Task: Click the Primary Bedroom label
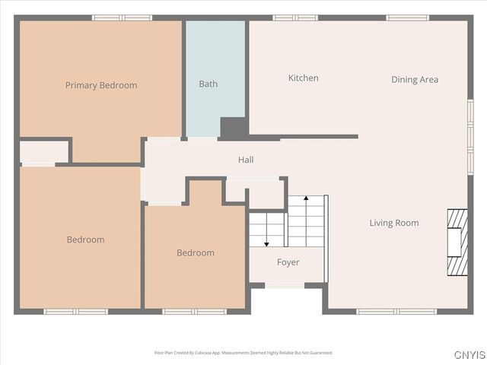(x=101, y=85)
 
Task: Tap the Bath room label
(x=208, y=84)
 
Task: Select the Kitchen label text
(x=303, y=78)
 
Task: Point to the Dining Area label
(x=415, y=79)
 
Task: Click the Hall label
(x=246, y=160)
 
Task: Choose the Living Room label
(x=394, y=223)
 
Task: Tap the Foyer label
(x=288, y=262)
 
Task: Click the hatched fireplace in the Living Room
(x=457, y=242)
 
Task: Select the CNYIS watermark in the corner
(x=469, y=355)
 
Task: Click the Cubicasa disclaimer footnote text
(x=243, y=353)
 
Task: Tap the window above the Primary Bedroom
(x=122, y=17)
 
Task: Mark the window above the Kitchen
(x=295, y=17)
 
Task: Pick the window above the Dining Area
(x=407, y=17)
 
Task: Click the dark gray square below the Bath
(x=233, y=129)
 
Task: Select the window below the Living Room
(x=396, y=311)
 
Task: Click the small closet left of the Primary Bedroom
(x=43, y=151)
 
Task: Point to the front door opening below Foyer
(x=285, y=286)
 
